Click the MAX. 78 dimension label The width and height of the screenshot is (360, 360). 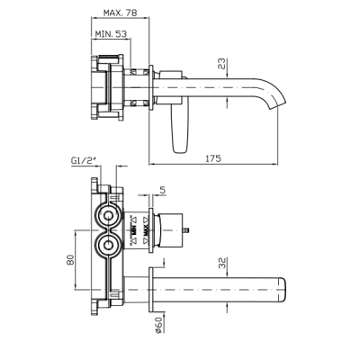[x=120, y=13]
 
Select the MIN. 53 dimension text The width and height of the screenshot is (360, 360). [x=111, y=34]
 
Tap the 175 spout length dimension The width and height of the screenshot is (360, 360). [x=213, y=158]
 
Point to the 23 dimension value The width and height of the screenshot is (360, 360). [x=221, y=64]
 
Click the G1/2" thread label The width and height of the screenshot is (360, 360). [x=84, y=160]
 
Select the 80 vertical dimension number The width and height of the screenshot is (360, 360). [x=70, y=259]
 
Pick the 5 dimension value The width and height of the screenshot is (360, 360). [x=163, y=190]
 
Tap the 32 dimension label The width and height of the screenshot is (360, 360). [x=222, y=263]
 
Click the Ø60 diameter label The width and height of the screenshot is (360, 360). [x=158, y=325]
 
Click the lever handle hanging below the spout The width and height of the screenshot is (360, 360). [x=181, y=129]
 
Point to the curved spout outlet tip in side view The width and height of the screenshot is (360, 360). [x=278, y=104]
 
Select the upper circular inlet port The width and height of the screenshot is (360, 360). [x=107, y=215]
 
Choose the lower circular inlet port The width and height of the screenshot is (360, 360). [x=107, y=246]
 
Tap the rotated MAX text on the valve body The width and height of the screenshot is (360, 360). [x=146, y=231]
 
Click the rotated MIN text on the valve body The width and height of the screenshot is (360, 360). [x=134, y=231]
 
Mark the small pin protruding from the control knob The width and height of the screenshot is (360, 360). [x=186, y=230]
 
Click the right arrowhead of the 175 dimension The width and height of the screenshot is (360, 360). [x=275, y=164]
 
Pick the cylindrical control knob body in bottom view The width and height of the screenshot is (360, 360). [x=170, y=230]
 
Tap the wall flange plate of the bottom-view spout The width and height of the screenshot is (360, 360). [x=151, y=290]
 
